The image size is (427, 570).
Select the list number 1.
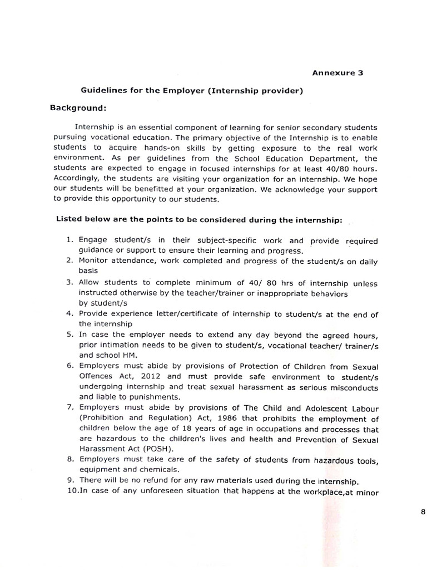click(69, 240)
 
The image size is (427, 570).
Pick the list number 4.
click(69, 314)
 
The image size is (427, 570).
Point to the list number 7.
click(69, 407)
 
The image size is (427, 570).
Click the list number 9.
click(69, 480)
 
